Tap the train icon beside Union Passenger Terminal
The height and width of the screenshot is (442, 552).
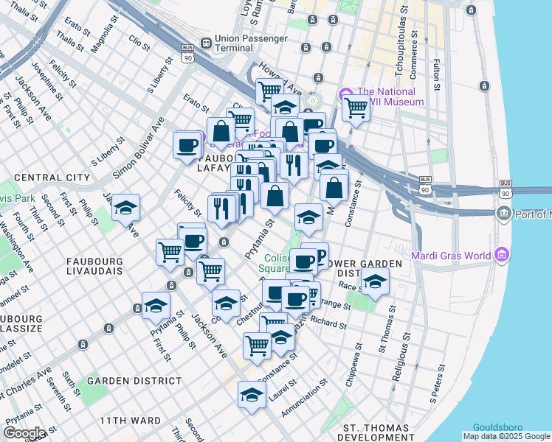click(x=204, y=41)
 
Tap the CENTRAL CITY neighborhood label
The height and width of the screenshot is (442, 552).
click(x=52, y=178)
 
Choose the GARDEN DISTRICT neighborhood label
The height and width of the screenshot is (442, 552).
click(x=134, y=381)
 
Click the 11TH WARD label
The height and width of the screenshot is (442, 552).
click(x=130, y=421)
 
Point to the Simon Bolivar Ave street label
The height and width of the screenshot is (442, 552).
click(x=138, y=148)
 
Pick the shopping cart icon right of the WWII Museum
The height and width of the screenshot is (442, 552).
click(x=356, y=108)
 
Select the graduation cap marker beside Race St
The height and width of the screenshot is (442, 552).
click(x=375, y=281)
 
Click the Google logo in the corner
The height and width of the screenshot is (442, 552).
click(x=24, y=432)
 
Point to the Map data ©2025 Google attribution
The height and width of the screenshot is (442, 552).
click(x=506, y=436)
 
